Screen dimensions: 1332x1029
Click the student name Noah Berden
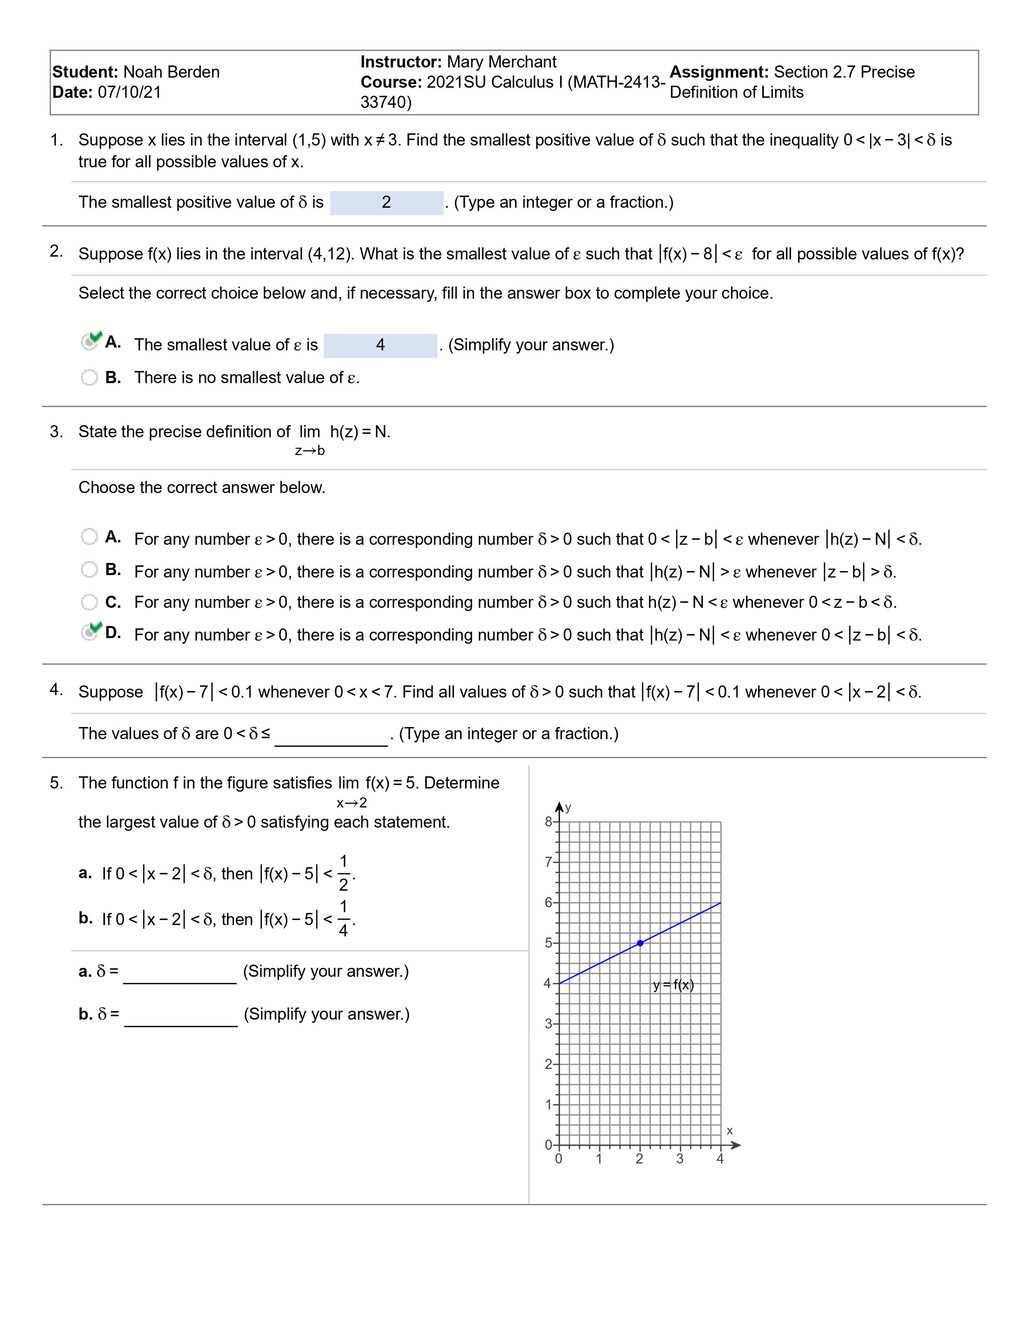[x=171, y=72]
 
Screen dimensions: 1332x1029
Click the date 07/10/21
[x=129, y=92]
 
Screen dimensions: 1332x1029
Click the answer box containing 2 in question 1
[x=386, y=202]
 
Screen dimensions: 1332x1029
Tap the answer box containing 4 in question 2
[x=380, y=345]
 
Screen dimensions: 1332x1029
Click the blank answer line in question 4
[x=331, y=736]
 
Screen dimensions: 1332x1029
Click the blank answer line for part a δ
[x=179, y=973]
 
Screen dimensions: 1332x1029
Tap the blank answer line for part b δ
[x=181, y=1016]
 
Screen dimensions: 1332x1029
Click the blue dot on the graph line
[x=640, y=943]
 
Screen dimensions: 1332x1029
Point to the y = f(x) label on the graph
[x=673, y=985]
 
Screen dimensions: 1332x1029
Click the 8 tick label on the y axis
[x=548, y=822]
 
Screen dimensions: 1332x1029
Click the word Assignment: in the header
[x=719, y=72]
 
